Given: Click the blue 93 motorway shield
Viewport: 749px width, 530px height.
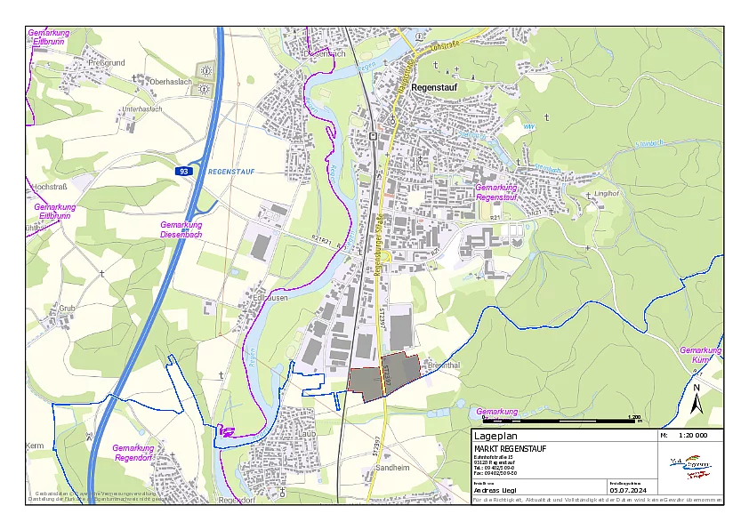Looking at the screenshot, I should [183, 170].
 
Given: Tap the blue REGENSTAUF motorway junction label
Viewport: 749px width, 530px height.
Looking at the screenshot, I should [230, 170].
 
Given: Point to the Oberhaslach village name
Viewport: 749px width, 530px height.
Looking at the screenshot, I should [171, 81].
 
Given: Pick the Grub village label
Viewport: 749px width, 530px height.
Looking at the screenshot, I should [67, 308].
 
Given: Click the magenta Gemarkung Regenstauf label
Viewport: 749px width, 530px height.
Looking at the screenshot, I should [496, 192].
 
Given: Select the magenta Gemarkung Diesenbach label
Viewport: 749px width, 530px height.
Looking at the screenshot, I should [181, 229].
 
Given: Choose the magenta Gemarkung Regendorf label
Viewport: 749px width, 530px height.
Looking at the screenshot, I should [133, 453].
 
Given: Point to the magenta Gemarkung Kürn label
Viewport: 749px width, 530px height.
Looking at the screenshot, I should [700, 355].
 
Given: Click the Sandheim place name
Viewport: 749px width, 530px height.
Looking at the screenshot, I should [392, 467].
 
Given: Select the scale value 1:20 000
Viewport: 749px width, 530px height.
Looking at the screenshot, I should [692, 436].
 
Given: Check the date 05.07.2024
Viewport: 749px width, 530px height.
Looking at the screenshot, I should [627, 489].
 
